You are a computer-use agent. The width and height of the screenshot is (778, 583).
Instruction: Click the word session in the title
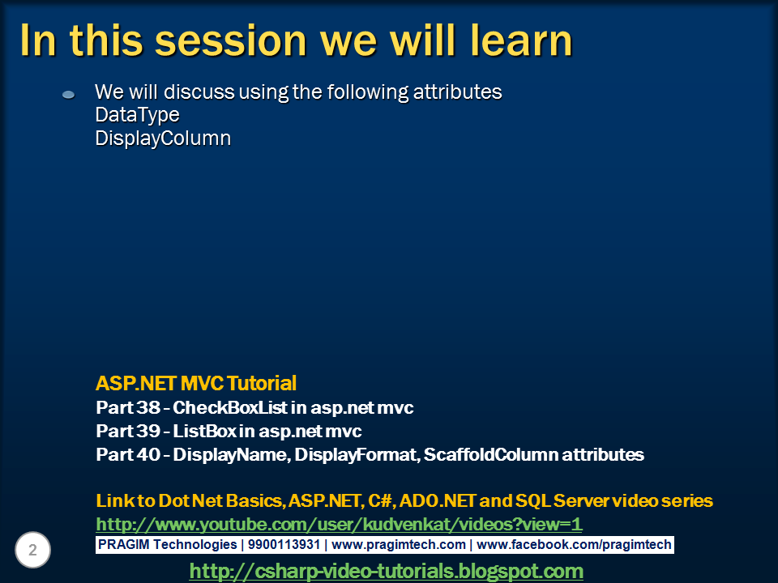(231, 40)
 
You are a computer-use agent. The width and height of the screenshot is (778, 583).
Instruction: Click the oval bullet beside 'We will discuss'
(68, 94)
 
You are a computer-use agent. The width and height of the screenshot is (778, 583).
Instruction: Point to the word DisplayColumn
(163, 138)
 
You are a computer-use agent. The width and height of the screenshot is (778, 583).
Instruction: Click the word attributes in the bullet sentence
(457, 92)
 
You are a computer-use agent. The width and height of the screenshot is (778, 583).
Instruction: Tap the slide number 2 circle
(32, 550)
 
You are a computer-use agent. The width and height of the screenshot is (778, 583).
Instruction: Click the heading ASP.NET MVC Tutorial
(196, 383)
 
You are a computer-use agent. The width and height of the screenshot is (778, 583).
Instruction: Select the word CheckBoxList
(230, 407)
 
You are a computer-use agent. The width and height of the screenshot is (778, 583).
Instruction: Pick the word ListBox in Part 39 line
(205, 432)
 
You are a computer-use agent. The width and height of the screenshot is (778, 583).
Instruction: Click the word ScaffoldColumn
(491, 454)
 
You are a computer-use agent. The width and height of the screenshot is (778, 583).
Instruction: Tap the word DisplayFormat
(357, 454)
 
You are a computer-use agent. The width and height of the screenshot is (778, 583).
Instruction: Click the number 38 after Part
(148, 407)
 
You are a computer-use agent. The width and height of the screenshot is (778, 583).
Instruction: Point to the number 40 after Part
(148, 454)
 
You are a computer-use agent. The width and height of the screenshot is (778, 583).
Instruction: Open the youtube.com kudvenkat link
(339, 524)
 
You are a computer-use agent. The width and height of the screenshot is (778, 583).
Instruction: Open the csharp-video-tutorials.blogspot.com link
(387, 571)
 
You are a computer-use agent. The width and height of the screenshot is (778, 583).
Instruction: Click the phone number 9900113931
(284, 544)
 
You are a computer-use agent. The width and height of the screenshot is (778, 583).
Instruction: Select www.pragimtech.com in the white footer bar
(399, 544)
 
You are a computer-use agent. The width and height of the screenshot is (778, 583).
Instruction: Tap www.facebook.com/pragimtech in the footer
(574, 544)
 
